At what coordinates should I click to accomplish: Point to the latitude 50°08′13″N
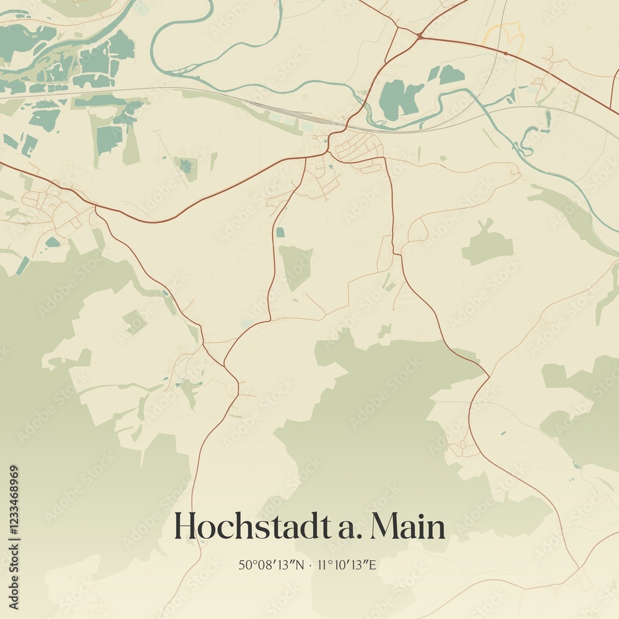click(x=271, y=565)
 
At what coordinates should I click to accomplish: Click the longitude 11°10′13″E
click(x=348, y=565)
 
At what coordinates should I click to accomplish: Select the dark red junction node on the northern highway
click(x=420, y=36)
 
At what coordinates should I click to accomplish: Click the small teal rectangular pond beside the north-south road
click(x=280, y=232)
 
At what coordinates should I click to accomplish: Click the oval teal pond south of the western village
click(x=53, y=242)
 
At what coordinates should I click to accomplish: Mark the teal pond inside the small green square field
click(x=185, y=166)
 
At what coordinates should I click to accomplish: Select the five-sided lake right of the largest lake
click(x=451, y=75)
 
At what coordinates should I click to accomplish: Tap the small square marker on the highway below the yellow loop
click(x=506, y=54)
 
